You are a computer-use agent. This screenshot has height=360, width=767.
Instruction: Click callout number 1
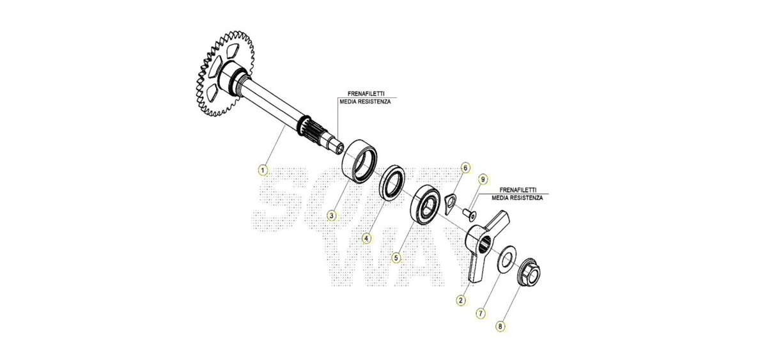[x=263, y=170]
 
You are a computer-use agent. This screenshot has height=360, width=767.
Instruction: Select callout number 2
[x=461, y=301]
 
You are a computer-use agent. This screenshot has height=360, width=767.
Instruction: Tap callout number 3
[x=331, y=215]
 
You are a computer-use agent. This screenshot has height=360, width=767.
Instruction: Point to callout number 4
[x=367, y=238]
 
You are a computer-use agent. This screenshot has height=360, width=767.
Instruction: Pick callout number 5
[x=396, y=258]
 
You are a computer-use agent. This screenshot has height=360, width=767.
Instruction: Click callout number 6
[x=465, y=168]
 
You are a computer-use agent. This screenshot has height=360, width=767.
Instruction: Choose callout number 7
[x=481, y=313]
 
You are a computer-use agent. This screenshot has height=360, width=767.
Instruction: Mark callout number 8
[x=500, y=327]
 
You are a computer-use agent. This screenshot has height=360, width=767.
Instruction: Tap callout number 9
[x=483, y=180]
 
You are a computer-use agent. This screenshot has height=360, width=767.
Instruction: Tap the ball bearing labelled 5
[x=424, y=205]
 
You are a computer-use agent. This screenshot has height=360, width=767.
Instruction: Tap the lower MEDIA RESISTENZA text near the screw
[x=517, y=198]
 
